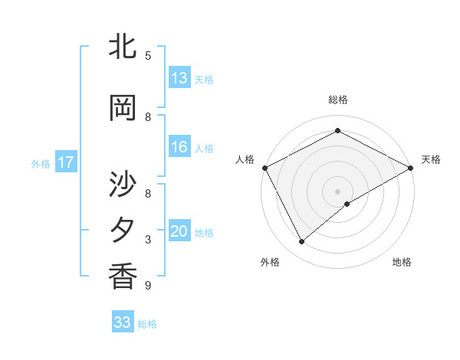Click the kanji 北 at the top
click(123, 48)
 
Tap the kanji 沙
click(123, 185)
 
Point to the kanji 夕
click(123, 231)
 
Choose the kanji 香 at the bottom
click(123, 277)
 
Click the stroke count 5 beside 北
click(148, 56)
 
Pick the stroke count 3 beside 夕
click(148, 240)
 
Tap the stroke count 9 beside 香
click(148, 286)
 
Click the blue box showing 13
click(179, 78)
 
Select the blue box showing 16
click(179, 147)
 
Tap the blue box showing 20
click(179, 231)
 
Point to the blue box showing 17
click(65, 162)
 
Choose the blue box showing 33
click(123, 322)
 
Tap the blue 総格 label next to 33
click(147, 324)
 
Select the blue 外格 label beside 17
click(41, 163)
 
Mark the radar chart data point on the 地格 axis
click(347, 204)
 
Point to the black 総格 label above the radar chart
click(338, 100)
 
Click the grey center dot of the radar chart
click(337, 191)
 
